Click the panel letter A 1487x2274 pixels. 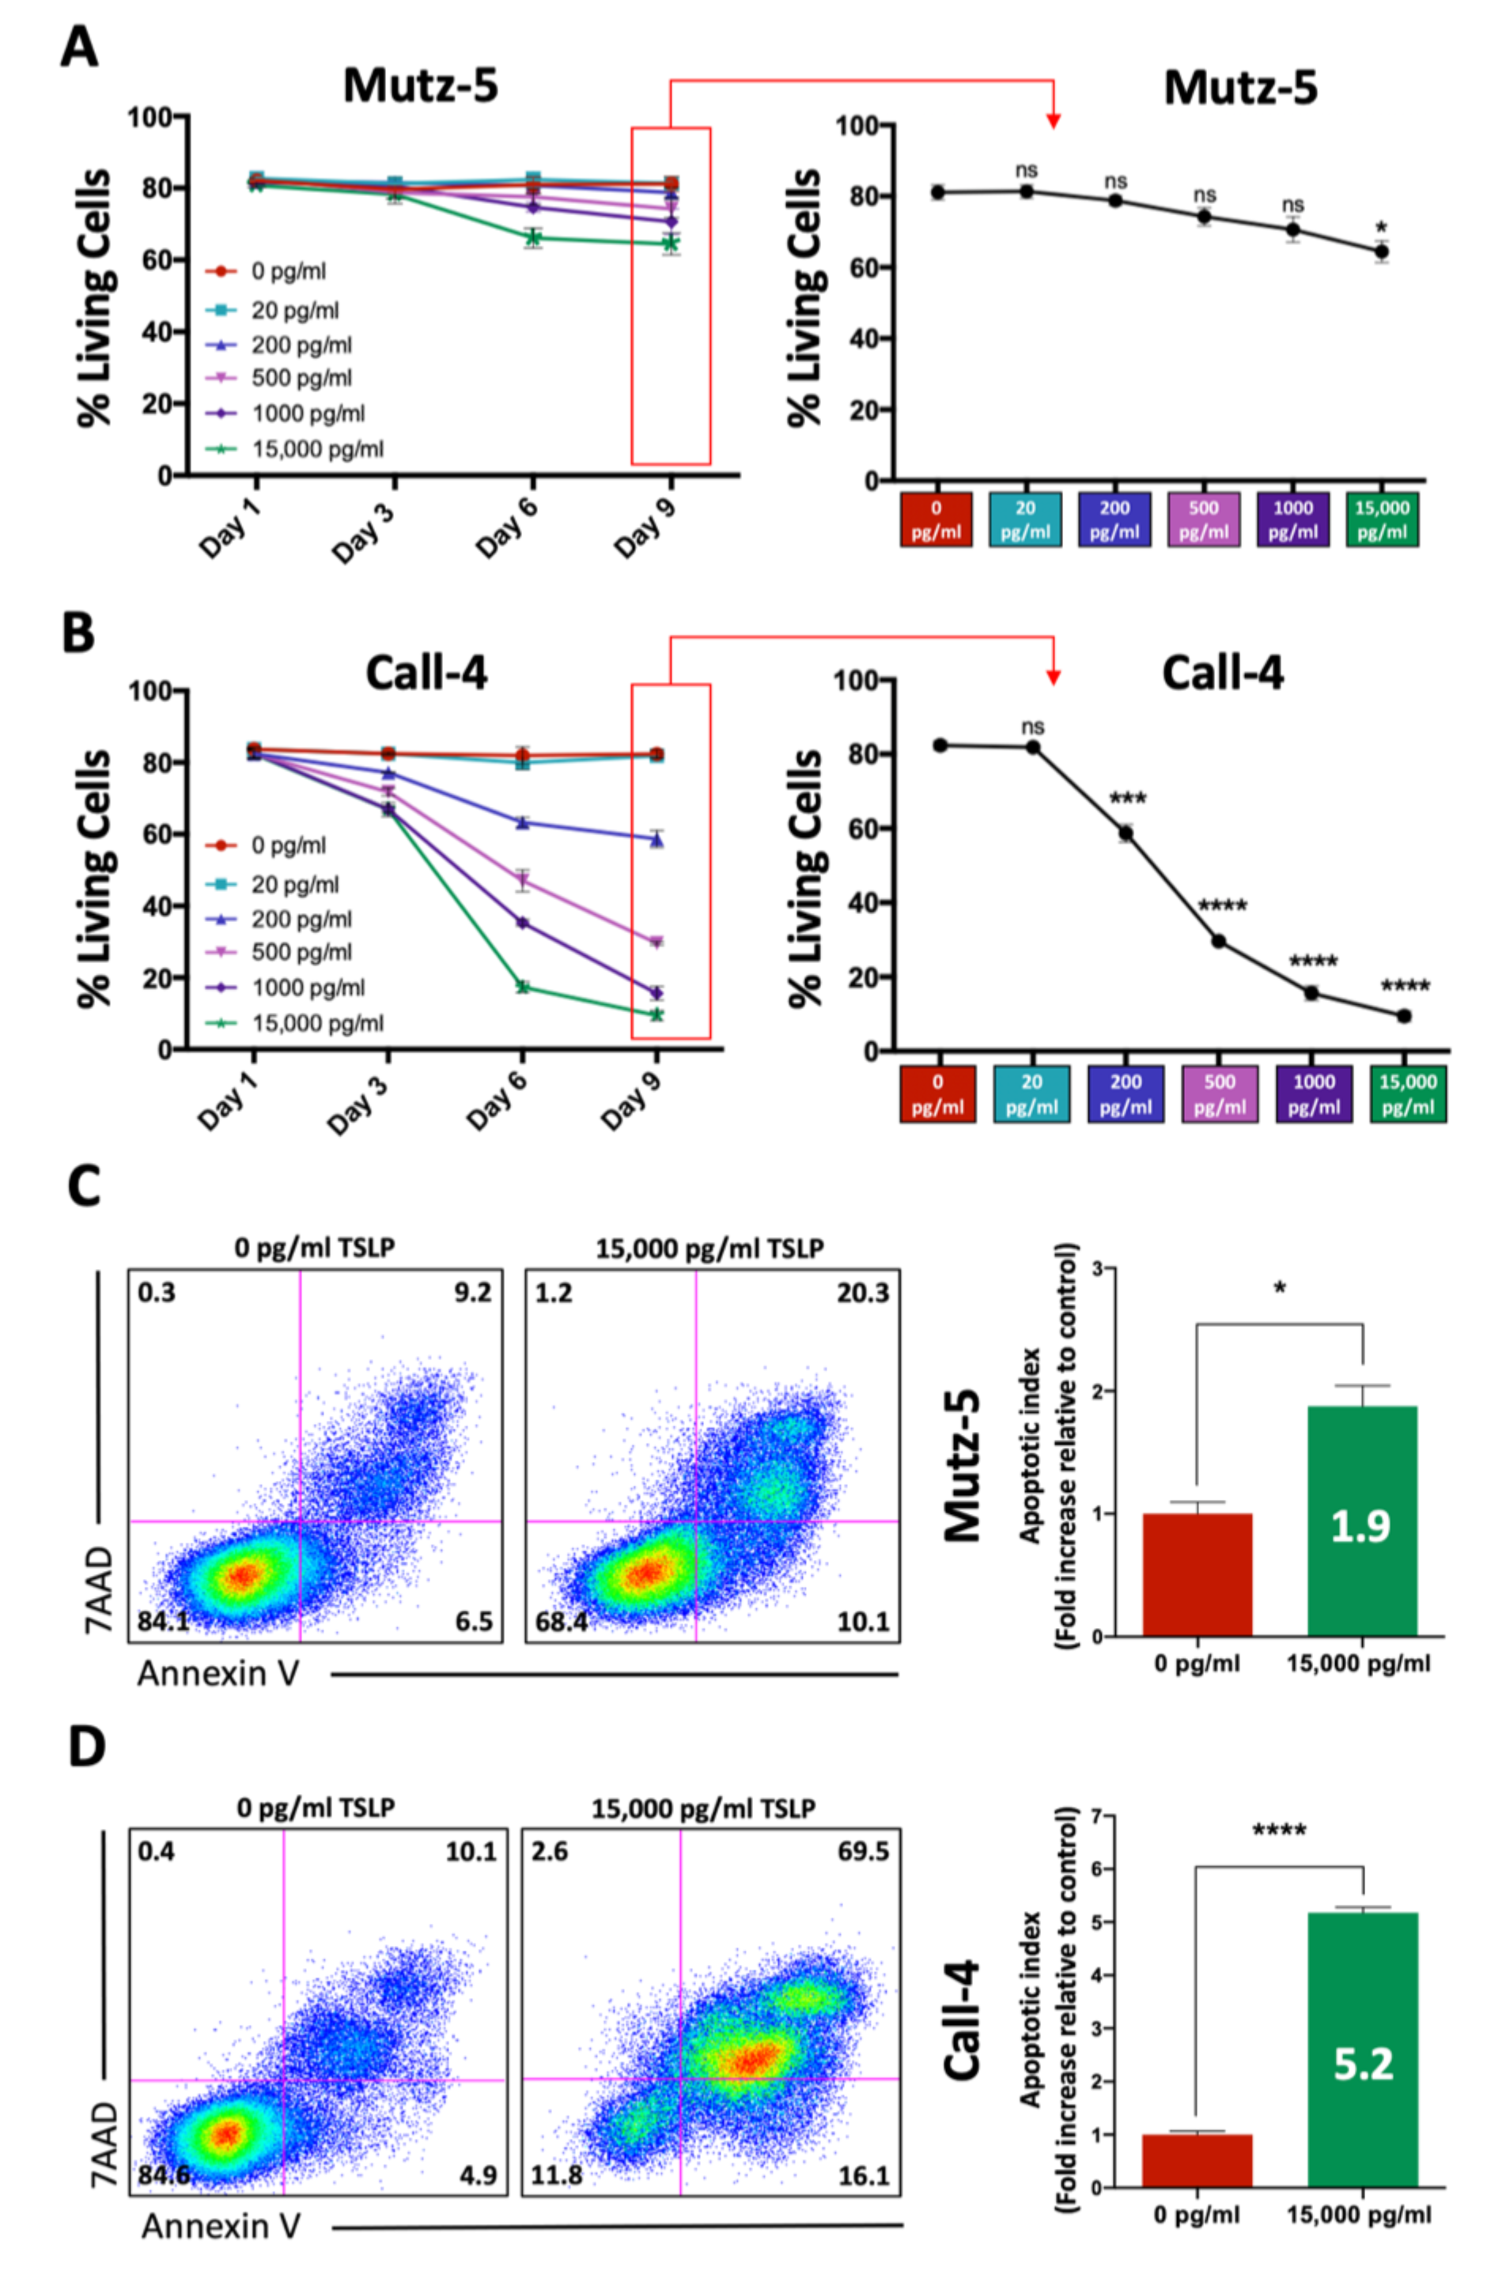[78, 45]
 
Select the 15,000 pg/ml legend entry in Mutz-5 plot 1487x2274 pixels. [316, 449]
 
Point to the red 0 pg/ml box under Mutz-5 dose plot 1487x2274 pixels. [936, 519]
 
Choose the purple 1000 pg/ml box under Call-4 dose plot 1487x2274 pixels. [1313, 1093]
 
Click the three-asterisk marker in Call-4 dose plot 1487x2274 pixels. [1128, 799]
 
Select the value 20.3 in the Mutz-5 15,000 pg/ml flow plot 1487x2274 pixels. [862, 1293]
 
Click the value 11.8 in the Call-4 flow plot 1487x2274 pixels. [556, 2176]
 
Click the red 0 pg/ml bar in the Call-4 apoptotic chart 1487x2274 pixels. [1197, 2160]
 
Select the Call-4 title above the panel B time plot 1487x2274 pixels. [426, 674]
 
